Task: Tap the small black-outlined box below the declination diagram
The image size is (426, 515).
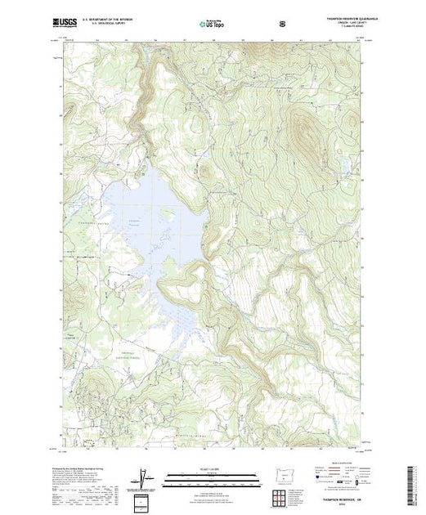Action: pyautogui.click(x=143, y=498)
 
